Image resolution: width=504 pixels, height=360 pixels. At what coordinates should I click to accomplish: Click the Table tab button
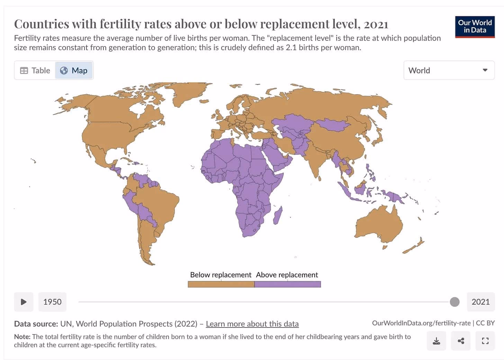point(35,70)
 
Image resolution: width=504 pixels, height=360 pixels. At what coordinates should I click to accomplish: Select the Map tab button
point(74,70)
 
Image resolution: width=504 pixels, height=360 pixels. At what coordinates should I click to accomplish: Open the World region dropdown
point(449,70)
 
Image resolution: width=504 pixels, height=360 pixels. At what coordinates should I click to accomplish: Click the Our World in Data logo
point(475,27)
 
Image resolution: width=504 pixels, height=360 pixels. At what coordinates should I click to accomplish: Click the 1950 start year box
point(52,302)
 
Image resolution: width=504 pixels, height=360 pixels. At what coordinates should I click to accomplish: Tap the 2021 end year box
point(480,302)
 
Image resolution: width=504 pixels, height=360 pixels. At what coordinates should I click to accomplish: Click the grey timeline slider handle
point(454,302)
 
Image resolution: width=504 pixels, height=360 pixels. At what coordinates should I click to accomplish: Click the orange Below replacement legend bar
point(221,284)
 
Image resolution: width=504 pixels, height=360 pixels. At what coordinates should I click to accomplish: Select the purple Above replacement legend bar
point(288,284)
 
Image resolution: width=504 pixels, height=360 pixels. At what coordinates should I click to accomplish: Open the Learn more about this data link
point(252,324)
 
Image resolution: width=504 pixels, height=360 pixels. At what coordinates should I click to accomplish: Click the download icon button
point(436,341)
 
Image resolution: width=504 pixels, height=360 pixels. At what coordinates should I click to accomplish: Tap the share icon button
point(461,341)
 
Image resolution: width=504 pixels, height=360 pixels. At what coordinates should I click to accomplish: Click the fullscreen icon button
point(485,341)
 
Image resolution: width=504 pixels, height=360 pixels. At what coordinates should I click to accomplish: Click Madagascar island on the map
point(278,216)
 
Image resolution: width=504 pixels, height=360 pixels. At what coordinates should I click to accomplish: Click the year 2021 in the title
point(376,24)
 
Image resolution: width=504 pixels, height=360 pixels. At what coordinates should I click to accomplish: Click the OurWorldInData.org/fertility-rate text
point(421,323)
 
